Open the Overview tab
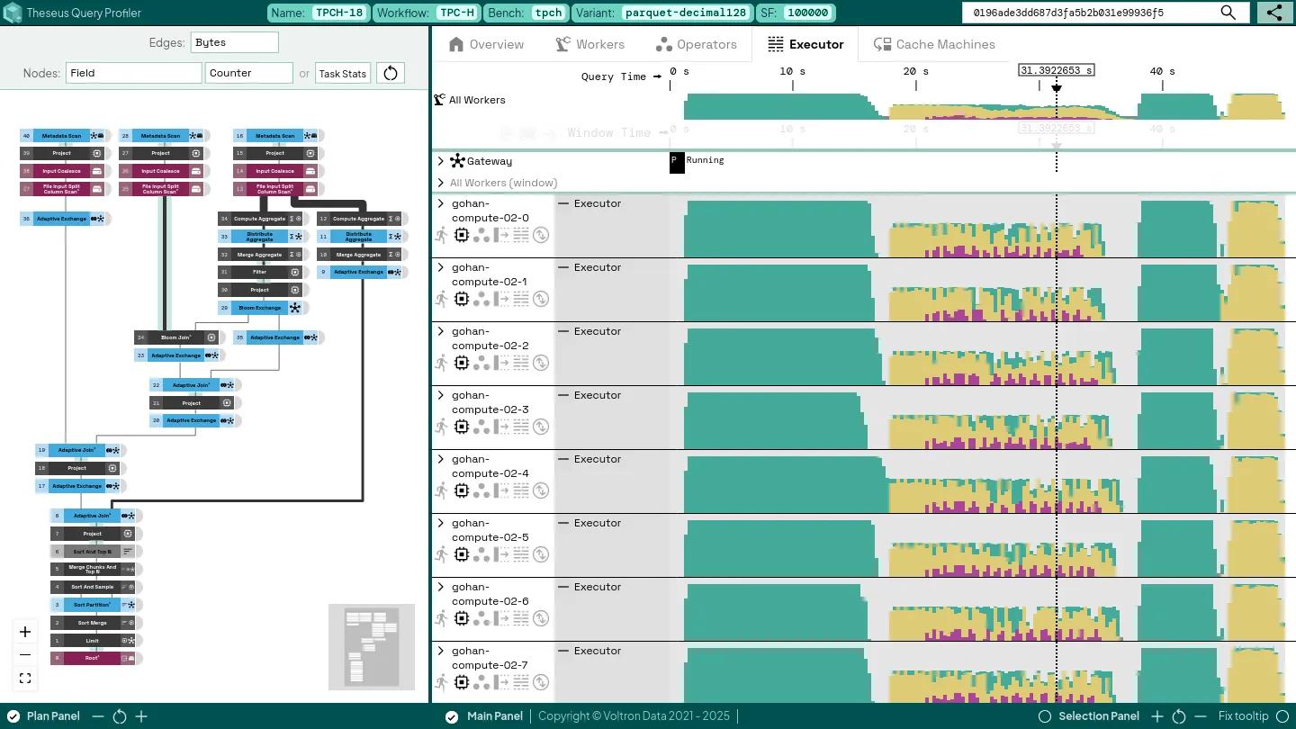[486, 44]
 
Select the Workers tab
[590, 44]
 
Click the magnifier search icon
[1228, 13]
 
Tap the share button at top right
[1274, 13]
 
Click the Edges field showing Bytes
[234, 42]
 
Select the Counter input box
[249, 73]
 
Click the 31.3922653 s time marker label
[1056, 70]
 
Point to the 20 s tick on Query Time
[916, 72]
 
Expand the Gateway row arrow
[440, 161]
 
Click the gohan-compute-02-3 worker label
[490, 402]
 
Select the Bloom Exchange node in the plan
[259, 308]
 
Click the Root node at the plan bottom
[92, 658]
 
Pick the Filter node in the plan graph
[259, 272]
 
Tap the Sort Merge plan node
[92, 623]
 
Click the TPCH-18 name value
[339, 13]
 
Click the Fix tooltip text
[1243, 716]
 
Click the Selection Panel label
[1098, 716]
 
